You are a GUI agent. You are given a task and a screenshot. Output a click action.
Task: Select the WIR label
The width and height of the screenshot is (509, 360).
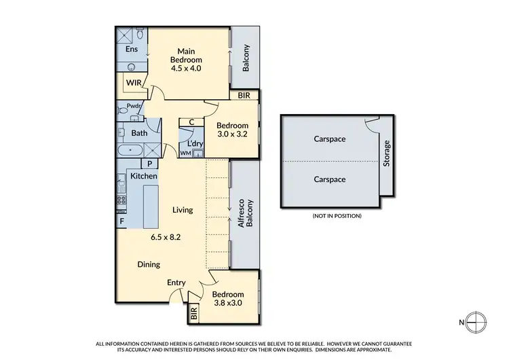tap(132, 84)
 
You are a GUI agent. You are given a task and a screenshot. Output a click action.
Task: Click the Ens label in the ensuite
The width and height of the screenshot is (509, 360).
tap(131, 50)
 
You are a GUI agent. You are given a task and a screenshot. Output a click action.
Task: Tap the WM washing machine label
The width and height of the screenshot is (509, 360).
tap(185, 154)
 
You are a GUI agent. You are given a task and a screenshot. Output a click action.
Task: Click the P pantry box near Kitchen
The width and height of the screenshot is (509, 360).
tap(149, 164)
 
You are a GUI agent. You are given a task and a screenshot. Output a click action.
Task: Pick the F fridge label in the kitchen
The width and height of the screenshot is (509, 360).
tap(121, 221)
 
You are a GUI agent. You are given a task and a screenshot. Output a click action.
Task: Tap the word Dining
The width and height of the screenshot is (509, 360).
tap(149, 265)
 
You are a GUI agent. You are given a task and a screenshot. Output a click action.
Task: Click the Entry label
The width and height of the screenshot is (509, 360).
tap(177, 283)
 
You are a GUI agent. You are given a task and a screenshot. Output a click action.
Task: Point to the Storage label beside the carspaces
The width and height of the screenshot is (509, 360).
tap(388, 154)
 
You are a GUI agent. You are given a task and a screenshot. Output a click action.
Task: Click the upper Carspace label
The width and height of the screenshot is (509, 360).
tap(330, 139)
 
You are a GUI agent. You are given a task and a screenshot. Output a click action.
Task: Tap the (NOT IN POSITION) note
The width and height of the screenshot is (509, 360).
tap(337, 215)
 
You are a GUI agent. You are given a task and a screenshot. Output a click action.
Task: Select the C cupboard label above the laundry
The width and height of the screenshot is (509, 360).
tap(191, 122)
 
